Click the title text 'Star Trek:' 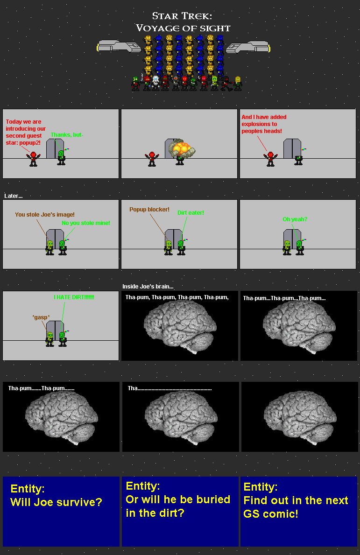click(x=182, y=17)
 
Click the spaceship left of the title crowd click(x=119, y=46)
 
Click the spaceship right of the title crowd click(x=247, y=46)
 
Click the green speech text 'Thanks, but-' click(x=67, y=135)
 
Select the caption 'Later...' click(x=13, y=196)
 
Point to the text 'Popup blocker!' click(x=149, y=210)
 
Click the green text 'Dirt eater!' click(x=191, y=213)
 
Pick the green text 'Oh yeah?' click(x=295, y=219)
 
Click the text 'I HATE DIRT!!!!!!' click(x=74, y=297)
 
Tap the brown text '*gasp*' click(x=41, y=317)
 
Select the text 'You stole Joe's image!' click(x=45, y=215)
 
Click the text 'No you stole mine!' click(x=86, y=223)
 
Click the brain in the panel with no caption click(x=299, y=416)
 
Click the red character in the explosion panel click(x=151, y=158)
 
